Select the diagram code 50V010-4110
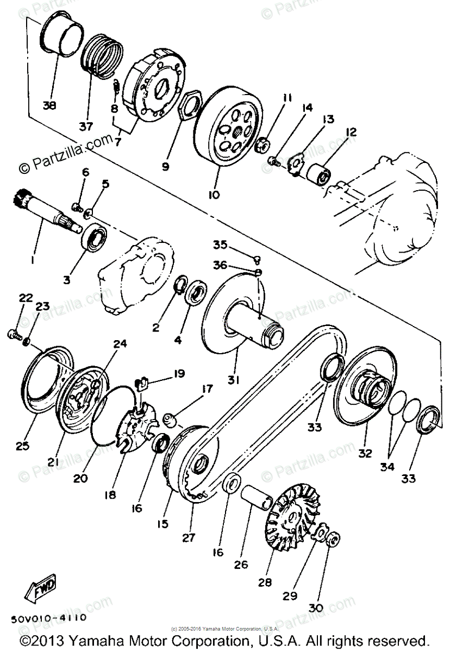[x=48, y=618]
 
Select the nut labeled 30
[x=334, y=540]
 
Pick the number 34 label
[x=387, y=466]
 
